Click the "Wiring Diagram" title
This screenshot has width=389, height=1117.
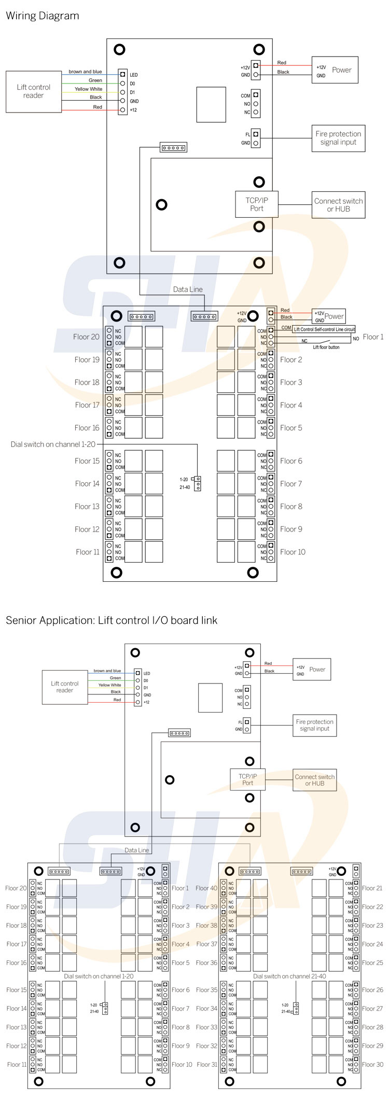coord(43,16)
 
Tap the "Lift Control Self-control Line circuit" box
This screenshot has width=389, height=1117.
coord(324,329)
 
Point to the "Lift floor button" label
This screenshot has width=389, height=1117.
coord(326,347)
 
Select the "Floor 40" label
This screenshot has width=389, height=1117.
coord(206,888)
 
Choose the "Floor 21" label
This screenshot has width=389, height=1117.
coord(372,888)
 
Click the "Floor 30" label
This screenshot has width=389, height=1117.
coord(372,1065)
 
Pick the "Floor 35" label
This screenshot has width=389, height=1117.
coord(206,990)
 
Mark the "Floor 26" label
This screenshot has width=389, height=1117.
coord(372,990)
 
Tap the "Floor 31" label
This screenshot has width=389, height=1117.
coord(206,1065)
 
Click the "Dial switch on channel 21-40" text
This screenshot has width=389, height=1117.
coord(289,976)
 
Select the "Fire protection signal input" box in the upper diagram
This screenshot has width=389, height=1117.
coord(338,138)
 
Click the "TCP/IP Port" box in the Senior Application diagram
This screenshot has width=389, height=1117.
coord(247,779)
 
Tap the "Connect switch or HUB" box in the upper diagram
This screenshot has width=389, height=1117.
coord(338,205)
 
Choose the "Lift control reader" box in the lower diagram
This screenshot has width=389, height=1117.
coord(65,687)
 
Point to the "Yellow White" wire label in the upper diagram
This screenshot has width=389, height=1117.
coord(89,89)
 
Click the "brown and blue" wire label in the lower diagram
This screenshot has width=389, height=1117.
coord(107,671)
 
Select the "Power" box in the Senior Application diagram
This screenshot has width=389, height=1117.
coord(312,669)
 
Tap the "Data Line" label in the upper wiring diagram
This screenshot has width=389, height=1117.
coord(188,289)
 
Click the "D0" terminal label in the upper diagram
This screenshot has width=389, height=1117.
coord(133,83)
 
